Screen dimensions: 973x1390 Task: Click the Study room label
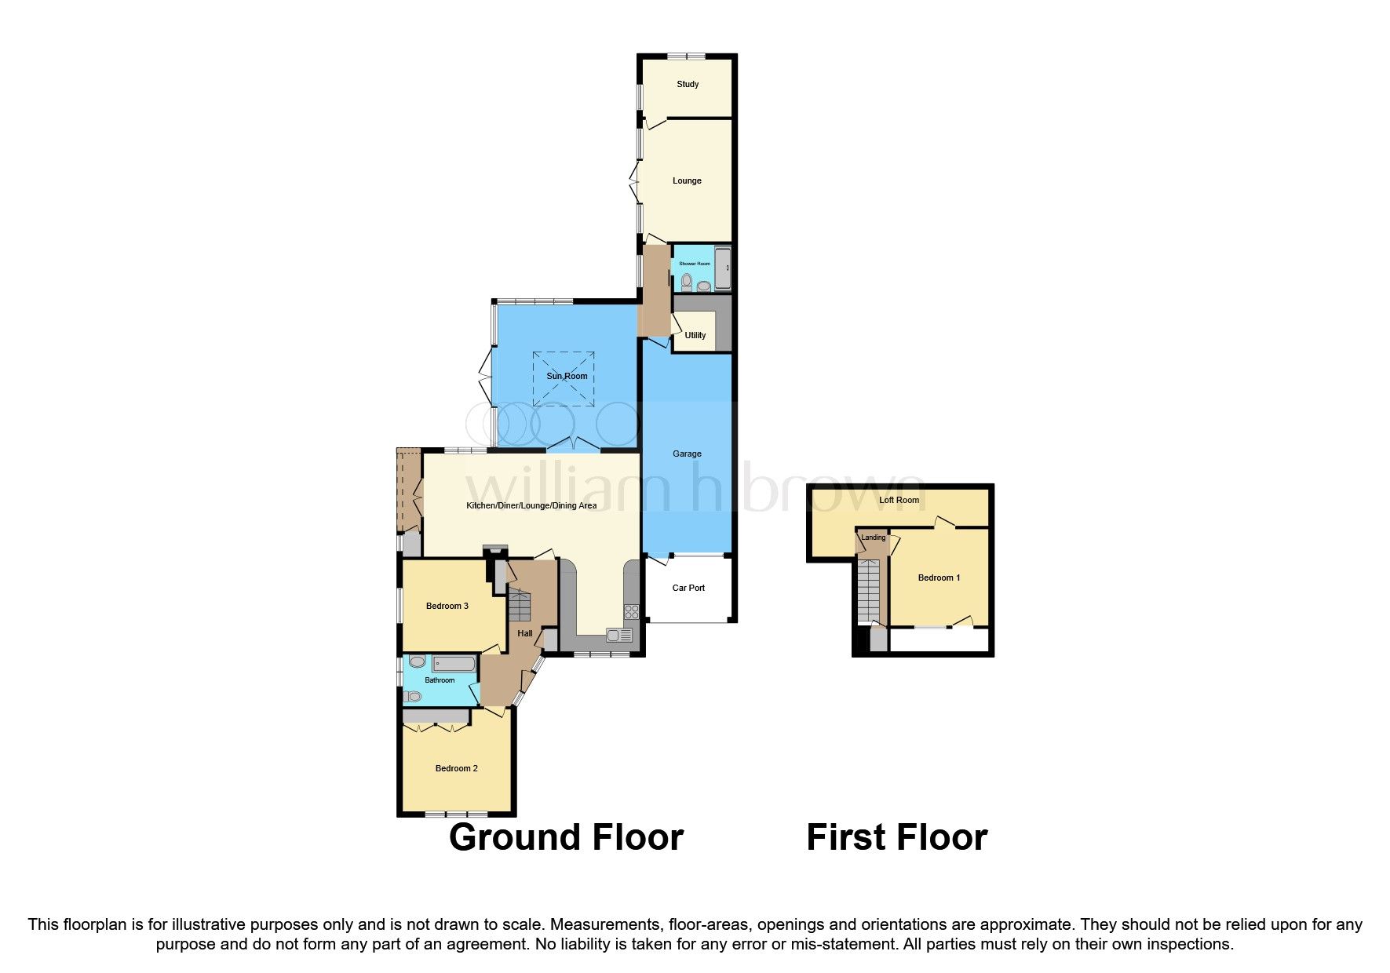688,84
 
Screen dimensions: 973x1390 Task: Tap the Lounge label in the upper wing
687,180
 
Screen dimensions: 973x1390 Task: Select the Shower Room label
694,264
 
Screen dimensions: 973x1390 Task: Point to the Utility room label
695,335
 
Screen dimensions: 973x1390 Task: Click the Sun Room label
567,376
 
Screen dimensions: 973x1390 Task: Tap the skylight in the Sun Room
564,379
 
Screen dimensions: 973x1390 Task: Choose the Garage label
687,454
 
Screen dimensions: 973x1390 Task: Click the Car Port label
688,588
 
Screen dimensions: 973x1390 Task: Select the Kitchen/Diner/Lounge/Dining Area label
531,505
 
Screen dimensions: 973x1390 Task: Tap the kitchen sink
618,636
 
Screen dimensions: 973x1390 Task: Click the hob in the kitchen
632,611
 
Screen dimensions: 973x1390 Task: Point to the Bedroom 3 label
447,606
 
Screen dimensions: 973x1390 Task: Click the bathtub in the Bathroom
453,665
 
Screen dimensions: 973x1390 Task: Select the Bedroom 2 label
457,768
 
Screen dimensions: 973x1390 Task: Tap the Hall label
525,633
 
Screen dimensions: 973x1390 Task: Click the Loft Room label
899,500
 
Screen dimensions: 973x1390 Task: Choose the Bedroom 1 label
939,578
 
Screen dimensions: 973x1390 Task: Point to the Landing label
873,538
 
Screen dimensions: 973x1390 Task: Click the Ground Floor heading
566,837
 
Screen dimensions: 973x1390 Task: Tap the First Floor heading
896,837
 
